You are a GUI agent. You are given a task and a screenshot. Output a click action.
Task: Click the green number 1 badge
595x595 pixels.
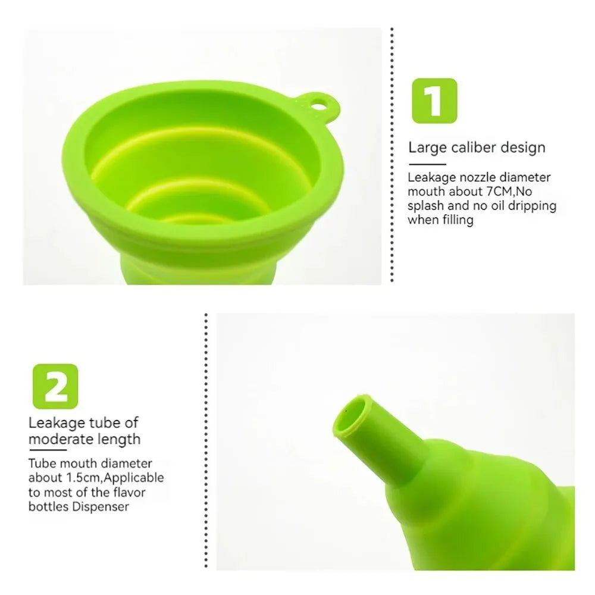(x=434, y=101)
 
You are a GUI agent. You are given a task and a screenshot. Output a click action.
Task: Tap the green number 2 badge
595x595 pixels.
(x=55, y=386)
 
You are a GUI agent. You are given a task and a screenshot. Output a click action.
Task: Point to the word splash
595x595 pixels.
(x=425, y=206)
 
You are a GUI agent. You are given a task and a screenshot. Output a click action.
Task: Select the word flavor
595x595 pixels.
(x=130, y=492)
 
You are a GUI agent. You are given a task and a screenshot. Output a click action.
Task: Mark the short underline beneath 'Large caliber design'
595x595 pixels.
(x=427, y=163)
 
